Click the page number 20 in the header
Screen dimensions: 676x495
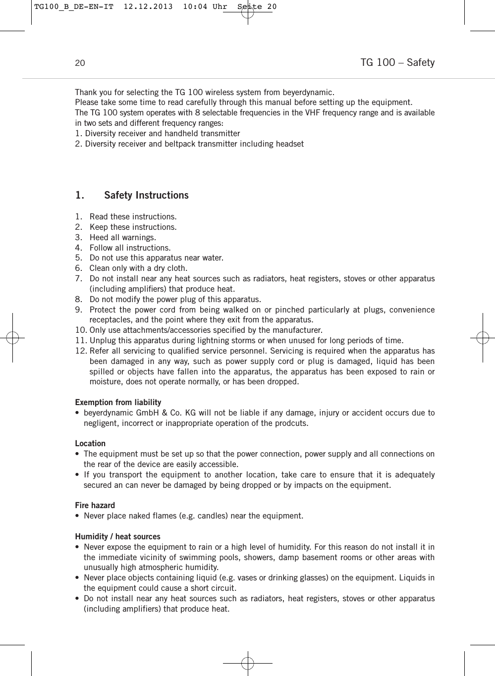(x=80, y=63)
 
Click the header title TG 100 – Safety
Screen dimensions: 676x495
(x=397, y=62)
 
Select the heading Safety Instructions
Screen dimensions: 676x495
(x=146, y=195)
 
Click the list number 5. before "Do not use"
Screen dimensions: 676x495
(x=78, y=258)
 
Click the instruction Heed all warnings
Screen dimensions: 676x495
(x=122, y=238)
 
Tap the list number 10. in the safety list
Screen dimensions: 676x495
(x=81, y=330)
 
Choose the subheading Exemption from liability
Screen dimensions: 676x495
(x=118, y=403)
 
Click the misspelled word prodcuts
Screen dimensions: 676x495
(x=291, y=423)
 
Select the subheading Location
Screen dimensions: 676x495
(x=90, y=444)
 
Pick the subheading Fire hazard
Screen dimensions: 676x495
(x=95, y=506)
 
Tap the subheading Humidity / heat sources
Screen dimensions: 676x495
(x=117, y=537)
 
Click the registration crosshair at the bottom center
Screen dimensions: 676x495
(x=248, y=663)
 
